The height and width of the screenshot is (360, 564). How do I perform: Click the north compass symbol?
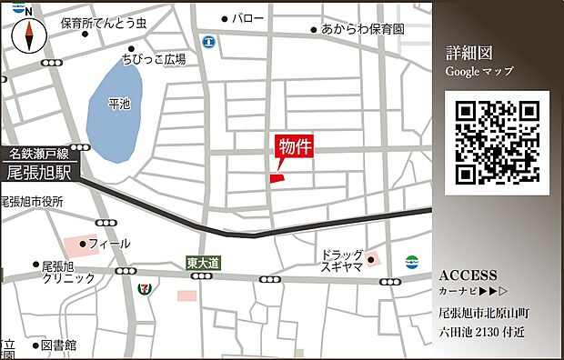29,35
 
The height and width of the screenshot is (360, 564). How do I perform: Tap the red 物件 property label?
294,147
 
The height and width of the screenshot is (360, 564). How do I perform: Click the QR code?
498,143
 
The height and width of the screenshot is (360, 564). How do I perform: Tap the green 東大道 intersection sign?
203,263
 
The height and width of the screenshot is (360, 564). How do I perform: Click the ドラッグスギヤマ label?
341,261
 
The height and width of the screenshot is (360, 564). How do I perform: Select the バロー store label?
247,17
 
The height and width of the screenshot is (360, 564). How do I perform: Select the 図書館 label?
58,345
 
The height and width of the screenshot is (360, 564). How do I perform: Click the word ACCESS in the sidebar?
468,275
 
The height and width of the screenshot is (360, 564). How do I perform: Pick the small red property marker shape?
277,177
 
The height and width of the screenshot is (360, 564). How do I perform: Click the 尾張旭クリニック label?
67,273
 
